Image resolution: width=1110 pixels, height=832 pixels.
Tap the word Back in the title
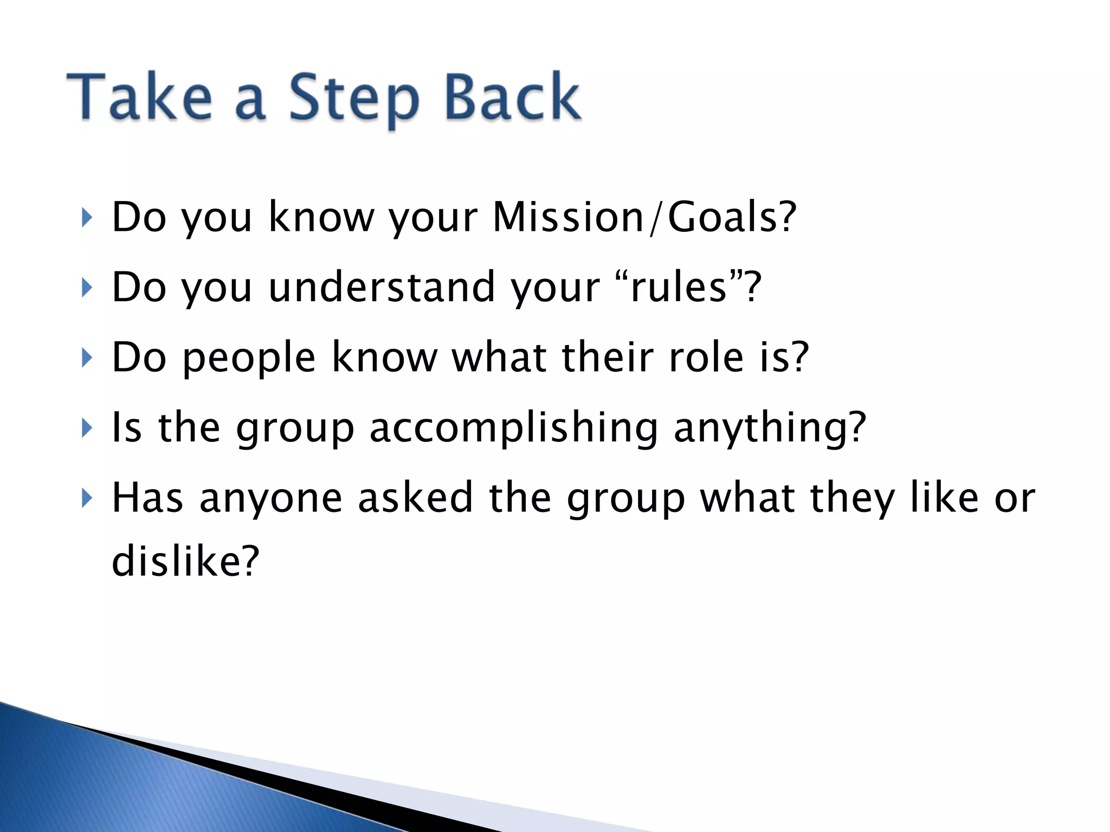(512, 97)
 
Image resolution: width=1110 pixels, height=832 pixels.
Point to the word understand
(382, 287)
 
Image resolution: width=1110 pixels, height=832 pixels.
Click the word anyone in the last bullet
(271, 498)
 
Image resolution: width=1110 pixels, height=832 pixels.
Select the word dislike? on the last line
(185, 561)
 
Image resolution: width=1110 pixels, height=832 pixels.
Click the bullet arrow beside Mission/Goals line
(86, 218)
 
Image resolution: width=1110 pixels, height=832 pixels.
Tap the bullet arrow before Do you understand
(86, 288)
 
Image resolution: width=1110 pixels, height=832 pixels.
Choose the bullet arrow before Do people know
(86, 357)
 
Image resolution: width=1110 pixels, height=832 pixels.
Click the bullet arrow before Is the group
(86, 428)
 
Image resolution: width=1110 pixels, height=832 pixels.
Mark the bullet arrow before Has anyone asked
(86, 498)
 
